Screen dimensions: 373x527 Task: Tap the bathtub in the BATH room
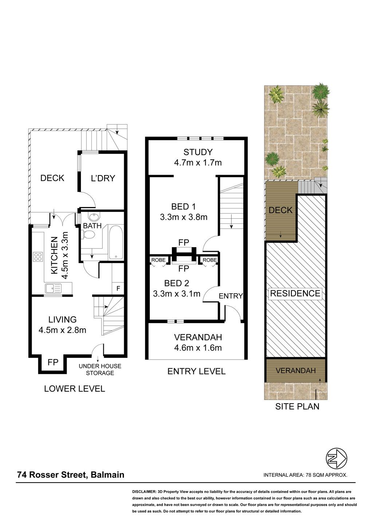coord(116,242)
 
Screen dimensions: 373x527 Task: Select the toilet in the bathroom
coord(88,234)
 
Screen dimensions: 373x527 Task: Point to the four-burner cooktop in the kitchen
coord(38,257)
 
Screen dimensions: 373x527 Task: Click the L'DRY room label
coord(103,178)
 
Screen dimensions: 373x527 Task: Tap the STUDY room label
coord(198,152)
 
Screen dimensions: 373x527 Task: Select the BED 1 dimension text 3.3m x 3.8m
coord(184,217)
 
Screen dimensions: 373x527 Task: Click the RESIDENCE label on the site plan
coord(295,293)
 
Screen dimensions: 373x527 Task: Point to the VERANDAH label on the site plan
coord(295,371)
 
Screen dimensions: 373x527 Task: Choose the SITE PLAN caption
coord(297,407)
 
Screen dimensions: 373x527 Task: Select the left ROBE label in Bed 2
coord(158,260)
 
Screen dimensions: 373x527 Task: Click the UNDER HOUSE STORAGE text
coord(100,369)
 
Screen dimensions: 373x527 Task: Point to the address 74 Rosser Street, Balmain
coord(71,475)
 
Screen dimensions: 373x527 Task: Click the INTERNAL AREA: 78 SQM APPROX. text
coord(305,475)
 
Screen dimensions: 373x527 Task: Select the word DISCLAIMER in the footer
coord(144,492)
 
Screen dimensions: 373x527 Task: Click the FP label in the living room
coord(53,362)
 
